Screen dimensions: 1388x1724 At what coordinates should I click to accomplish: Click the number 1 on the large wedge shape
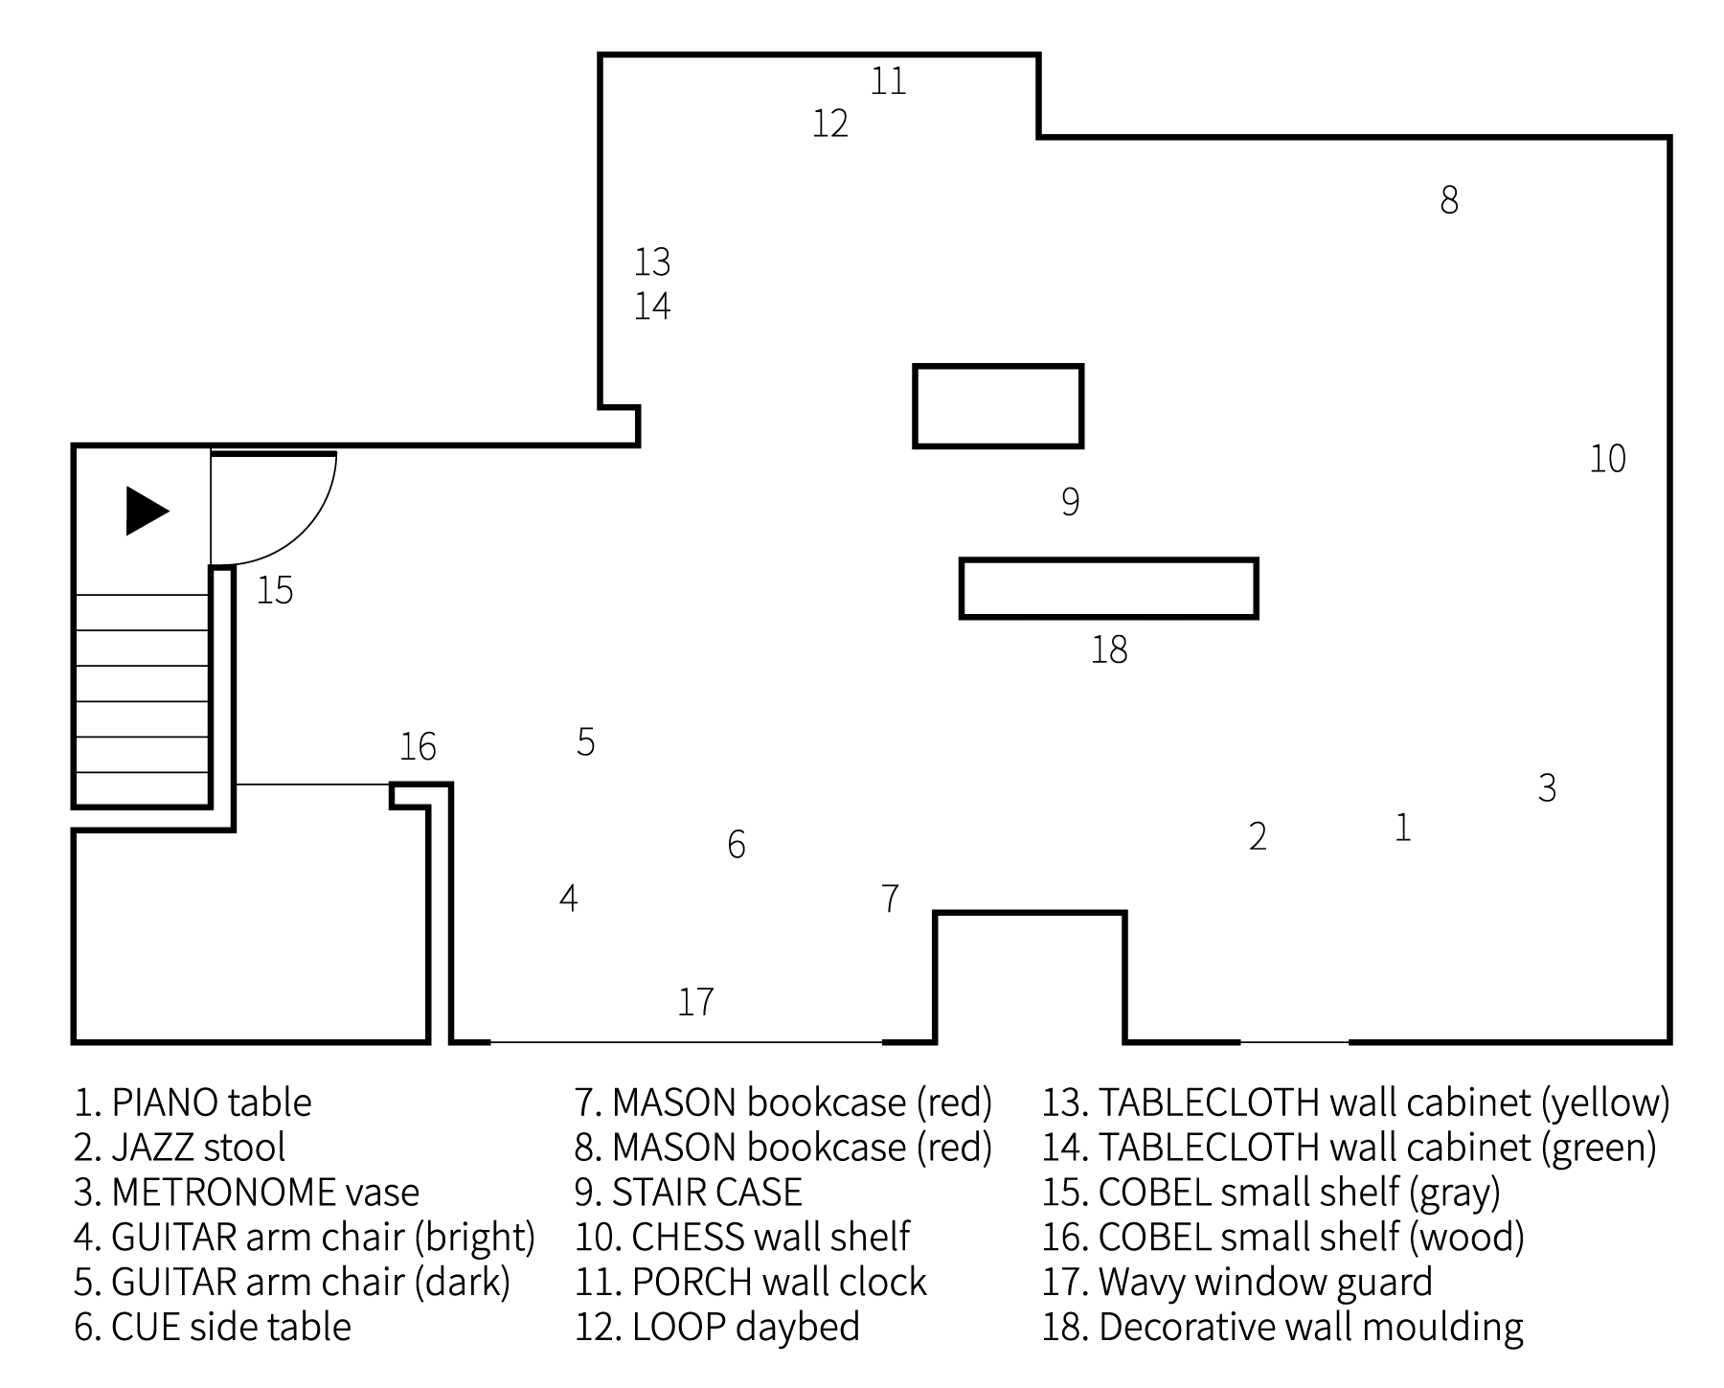pos(1403,828)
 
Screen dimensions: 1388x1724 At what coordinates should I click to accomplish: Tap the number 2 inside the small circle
pos(1258,836)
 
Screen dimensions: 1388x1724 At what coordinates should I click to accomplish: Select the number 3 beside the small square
pos(1547,787)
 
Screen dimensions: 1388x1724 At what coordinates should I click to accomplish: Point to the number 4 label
pos(568,899)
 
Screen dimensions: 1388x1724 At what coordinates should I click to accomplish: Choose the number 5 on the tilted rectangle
pos(585,741)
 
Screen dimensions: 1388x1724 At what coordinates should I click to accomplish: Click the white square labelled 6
pos(736,845)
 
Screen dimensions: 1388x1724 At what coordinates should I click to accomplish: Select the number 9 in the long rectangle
pos(1071,501)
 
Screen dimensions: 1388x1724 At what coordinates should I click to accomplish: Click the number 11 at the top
pos(888,81)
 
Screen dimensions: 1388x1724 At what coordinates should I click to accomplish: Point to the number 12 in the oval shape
pos(829,124)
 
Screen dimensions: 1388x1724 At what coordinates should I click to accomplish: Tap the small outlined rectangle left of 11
pos(829,72)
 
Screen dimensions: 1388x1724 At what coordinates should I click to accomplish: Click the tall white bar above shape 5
pos(615,282)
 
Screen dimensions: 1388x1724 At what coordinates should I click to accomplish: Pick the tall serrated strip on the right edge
pos(1649,459)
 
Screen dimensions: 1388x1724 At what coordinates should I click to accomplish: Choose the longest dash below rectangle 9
pos(1111,623)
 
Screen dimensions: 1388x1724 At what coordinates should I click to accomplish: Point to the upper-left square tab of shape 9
pos(896,447)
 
